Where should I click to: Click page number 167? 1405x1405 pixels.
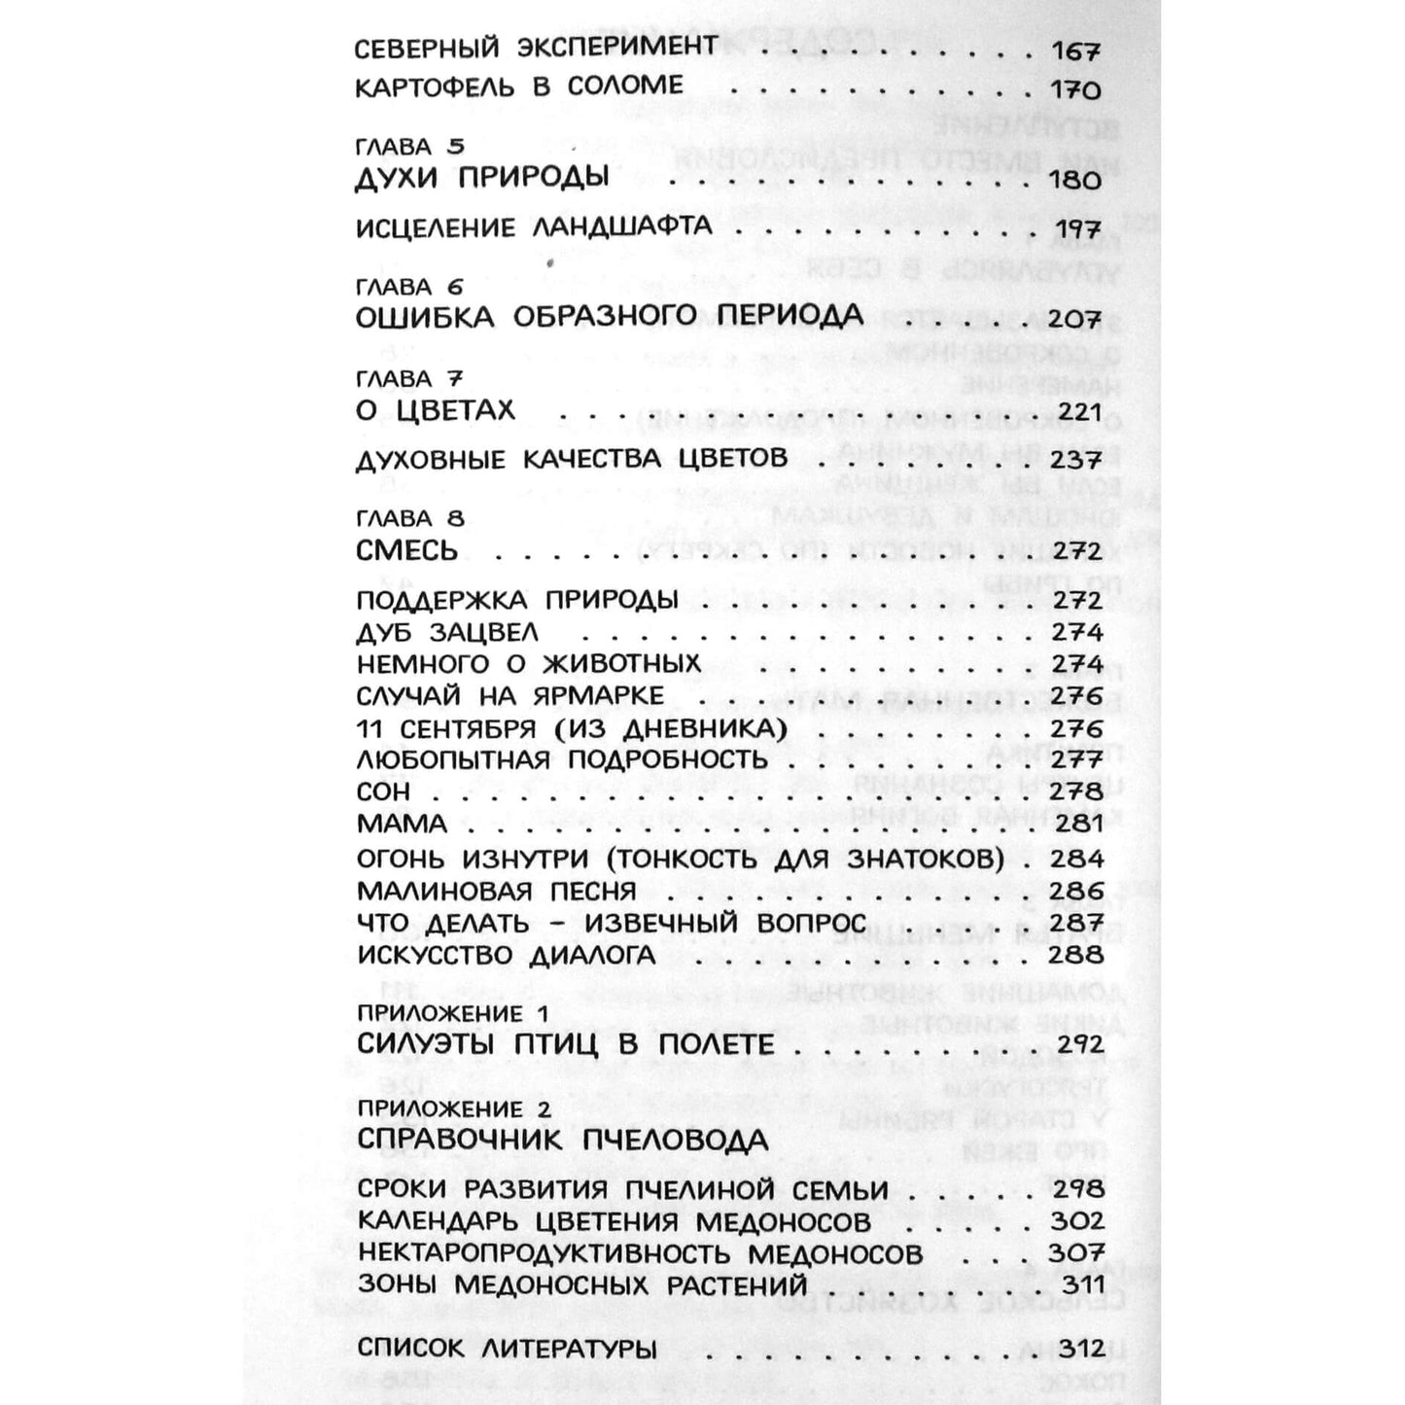pyautogui.click(x=1075, y=51)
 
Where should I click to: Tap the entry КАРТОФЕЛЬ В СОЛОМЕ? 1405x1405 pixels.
pyautogui.click(x=518, y=87)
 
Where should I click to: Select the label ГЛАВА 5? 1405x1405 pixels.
pyautogui.click(x=409, y=147)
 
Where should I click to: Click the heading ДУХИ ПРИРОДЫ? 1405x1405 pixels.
pyautogui.click(x=482, y=177)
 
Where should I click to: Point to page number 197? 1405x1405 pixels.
pyautogui.click(x=1075, y=230)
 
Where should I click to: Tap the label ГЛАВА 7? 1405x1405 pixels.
pyautogui.click(x=409, y=378)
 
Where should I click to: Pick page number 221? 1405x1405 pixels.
pyautogui.click(x=1077, y=411)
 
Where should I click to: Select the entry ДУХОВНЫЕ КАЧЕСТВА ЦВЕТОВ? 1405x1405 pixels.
pyautogui.click(x=572, y=459)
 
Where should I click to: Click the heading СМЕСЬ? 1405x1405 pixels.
pyautogui.click(x=406, y=550)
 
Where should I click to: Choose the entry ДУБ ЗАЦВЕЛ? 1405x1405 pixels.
pyautogui.click(x=447, y=632)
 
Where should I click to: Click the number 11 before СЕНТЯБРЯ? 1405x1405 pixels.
pyautogui.click(x=370, y=728)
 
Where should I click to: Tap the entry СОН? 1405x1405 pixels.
pyautogui.click(x=383, y=791)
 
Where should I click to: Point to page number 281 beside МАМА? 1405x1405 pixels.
pyautogui.click(x=1077, y=824)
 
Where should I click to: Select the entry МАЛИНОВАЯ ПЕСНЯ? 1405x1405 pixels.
pyautogui.click(x=496, y=891)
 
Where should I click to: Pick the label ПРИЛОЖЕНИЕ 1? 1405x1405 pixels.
pyautogui.click(x=452, y=1013)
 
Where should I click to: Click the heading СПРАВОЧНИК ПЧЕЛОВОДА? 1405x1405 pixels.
pyautogui.click(x=562, y=1140)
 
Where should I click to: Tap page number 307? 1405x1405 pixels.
pyautogui.click(x=1077, y=1253)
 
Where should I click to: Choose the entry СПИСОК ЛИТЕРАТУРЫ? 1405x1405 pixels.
pyautogui.click(x=507, y=1349)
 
